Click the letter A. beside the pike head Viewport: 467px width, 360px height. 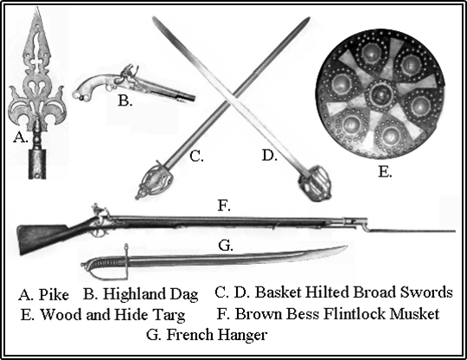pos(20,138)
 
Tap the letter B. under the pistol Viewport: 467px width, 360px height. pos(125,100)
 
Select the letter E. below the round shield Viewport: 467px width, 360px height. pos(385,172)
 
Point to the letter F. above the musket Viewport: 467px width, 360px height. pos(224,206)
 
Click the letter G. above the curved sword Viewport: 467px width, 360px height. pos(226,246)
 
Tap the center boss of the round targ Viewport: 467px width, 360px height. pos(380,95)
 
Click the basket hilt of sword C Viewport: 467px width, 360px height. pos(155,180)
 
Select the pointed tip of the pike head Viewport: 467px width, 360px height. pos(37,8)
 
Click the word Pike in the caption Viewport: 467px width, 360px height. pos(54,294)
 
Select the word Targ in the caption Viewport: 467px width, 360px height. pos(169,315)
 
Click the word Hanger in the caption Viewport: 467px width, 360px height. pos(241,335)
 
